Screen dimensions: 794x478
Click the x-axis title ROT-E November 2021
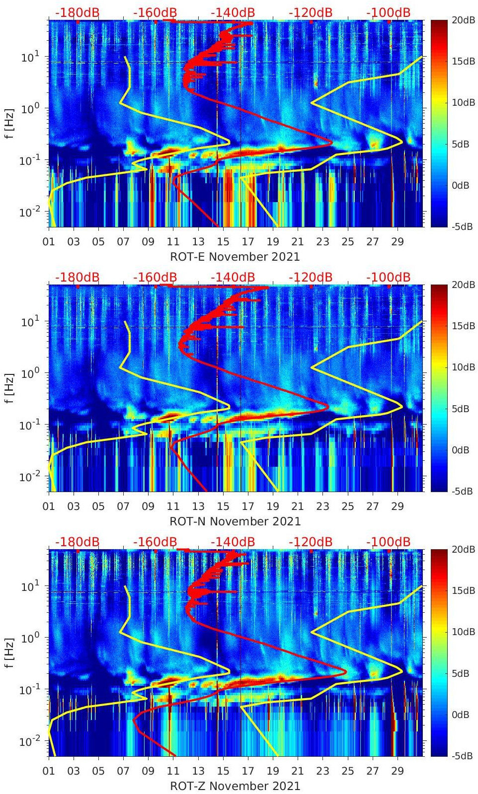[x=235, y=257]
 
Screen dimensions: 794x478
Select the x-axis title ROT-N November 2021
[x=235, y=521]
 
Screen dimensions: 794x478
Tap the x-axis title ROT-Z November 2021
[x=235, y=786]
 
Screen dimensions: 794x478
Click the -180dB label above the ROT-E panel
[x=77, y=12]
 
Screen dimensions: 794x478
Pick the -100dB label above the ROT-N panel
[x=389, y=277]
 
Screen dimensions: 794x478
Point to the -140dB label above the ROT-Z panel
[x=233, y=542]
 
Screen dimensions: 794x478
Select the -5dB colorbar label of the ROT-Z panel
[x=462, y=756]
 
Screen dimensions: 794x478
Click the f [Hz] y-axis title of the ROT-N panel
[x=9, y=388]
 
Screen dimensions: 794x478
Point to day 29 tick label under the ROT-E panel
[x=397, y=242]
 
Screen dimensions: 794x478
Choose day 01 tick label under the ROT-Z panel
[x=49, y=771]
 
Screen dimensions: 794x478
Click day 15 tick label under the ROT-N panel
[x=223, y=506]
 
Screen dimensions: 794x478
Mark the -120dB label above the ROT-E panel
[x=311, y=12]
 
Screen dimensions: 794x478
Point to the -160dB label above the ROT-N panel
[x=155, y=277]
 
